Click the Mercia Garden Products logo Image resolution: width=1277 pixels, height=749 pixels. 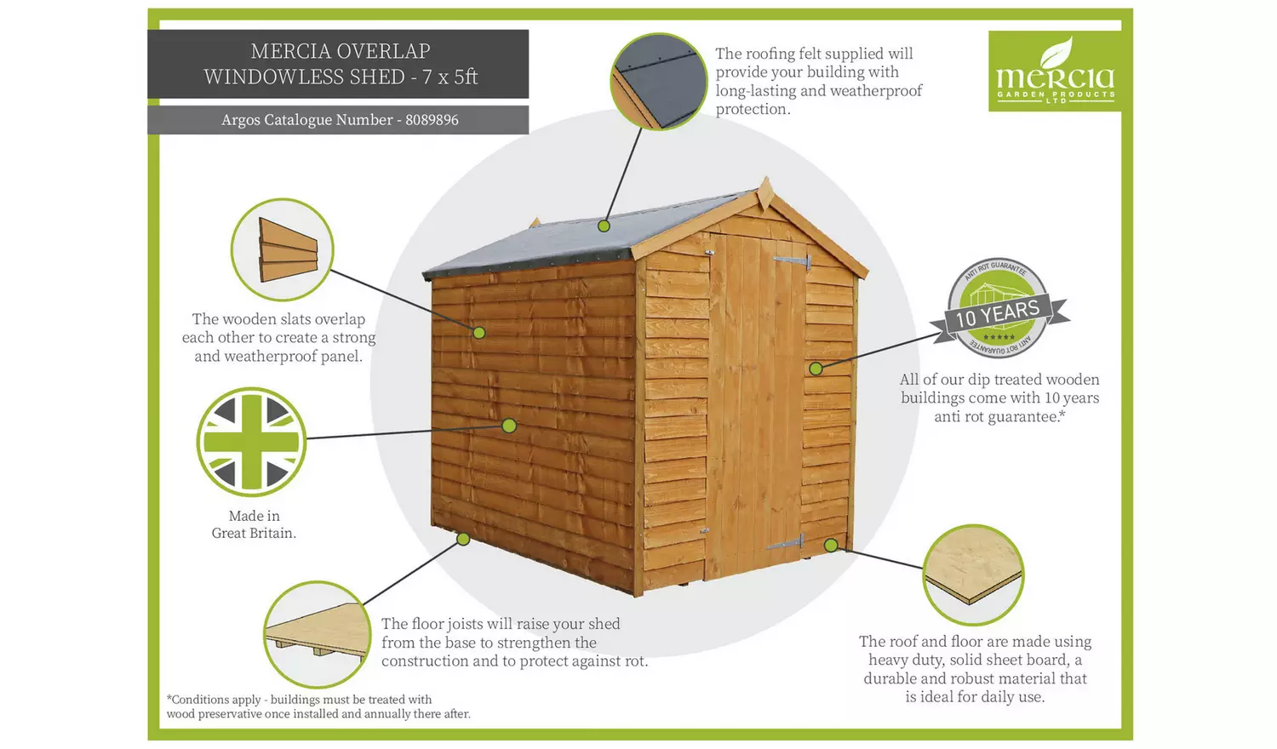(1054, 71)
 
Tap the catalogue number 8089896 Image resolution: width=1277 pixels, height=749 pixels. (432, 120)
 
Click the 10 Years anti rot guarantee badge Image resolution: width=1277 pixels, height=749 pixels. (999, 309)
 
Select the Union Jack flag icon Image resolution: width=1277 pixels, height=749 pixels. (251, 442)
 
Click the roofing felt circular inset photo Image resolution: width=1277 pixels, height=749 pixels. (658, 82)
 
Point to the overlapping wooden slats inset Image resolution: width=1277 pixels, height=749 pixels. (282, 249)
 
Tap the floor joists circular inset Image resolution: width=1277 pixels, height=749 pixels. (315, 634)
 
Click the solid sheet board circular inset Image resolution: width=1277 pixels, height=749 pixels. (973, 575)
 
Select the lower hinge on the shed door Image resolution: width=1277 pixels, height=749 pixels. (787, 542)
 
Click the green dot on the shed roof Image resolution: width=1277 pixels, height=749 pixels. (604, 226)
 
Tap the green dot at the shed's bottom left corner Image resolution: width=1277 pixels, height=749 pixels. (463, 539)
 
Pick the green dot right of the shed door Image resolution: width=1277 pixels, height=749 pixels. (816, 369)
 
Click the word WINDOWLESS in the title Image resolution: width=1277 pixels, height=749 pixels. (304, 77)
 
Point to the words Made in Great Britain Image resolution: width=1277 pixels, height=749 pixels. (254, 524)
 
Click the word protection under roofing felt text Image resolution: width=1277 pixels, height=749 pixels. (752, 109)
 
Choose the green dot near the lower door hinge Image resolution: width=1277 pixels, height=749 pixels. (831, 545)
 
